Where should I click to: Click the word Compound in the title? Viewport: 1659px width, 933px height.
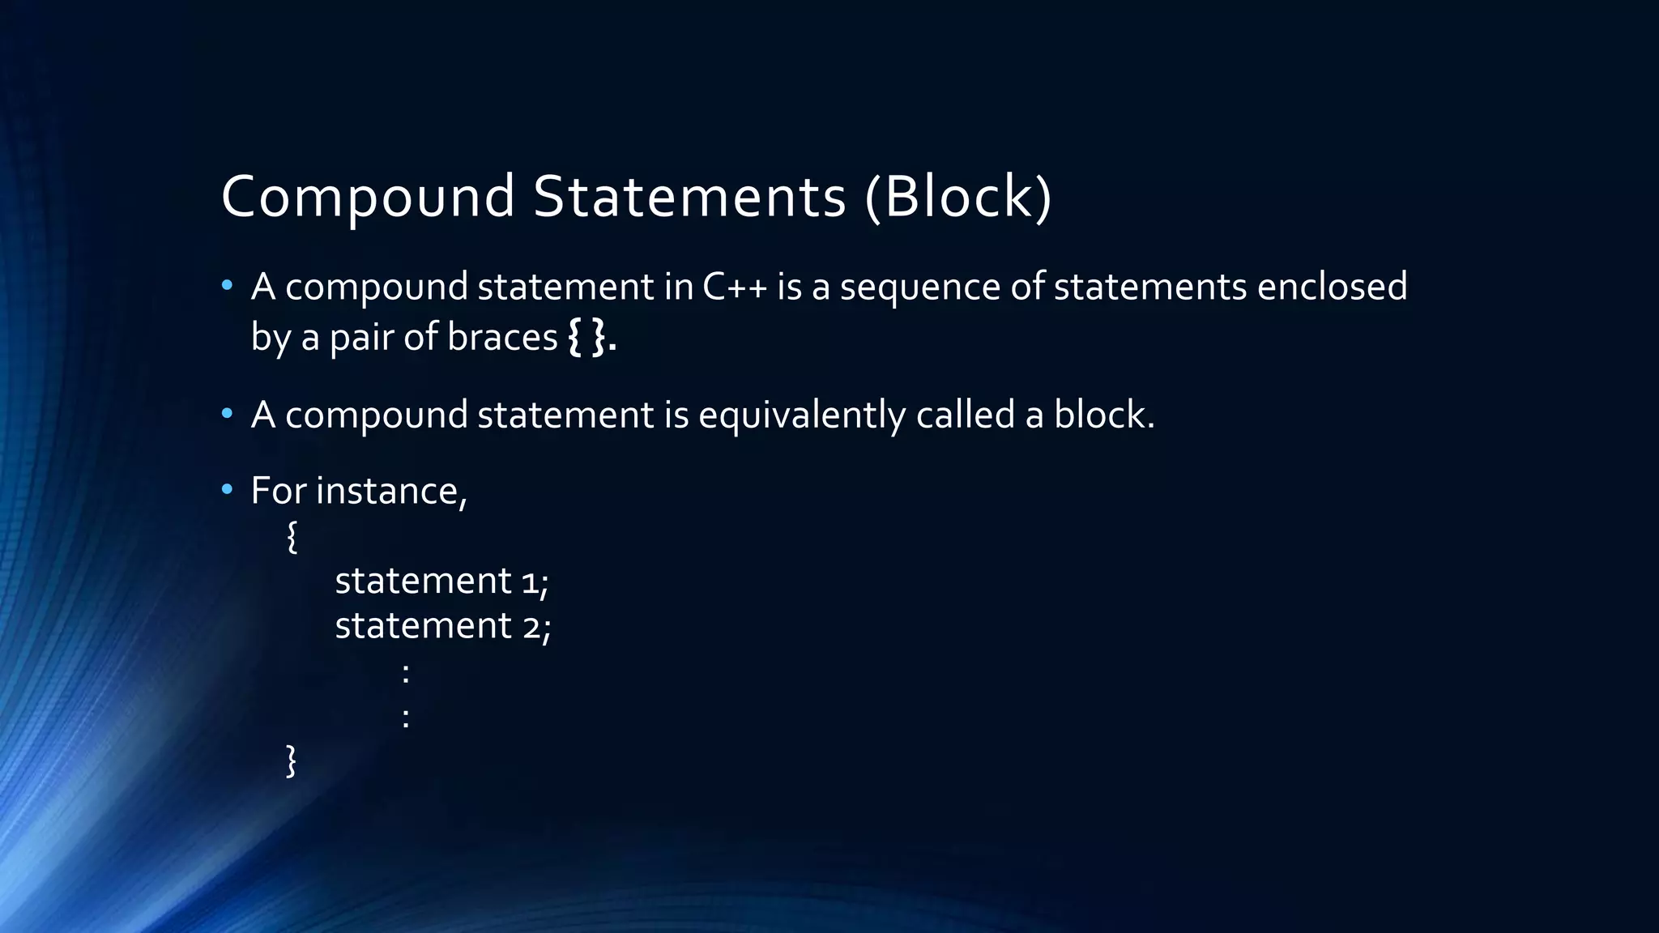point(368,197)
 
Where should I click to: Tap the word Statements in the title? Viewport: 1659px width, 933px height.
point(689,197)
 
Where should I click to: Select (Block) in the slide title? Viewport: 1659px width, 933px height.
point(958,197)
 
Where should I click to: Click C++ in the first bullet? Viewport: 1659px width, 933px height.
point(735,287)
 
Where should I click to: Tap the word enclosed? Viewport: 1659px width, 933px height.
point(1332,287)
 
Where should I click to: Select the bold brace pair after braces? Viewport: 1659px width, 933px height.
point(586,337)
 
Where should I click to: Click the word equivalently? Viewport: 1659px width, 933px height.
point(802,415)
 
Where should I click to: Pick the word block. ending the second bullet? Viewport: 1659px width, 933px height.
point(1103,415)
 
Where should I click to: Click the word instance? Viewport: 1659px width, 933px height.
point(391,491)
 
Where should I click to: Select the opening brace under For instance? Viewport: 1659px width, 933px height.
point(292,537)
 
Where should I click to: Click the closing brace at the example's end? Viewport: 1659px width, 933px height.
point(292,760)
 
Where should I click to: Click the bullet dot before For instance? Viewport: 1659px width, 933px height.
point(227,489)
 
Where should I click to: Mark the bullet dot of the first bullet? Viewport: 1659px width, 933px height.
point(227,285)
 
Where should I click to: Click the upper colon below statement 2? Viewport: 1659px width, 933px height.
point(405,672)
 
